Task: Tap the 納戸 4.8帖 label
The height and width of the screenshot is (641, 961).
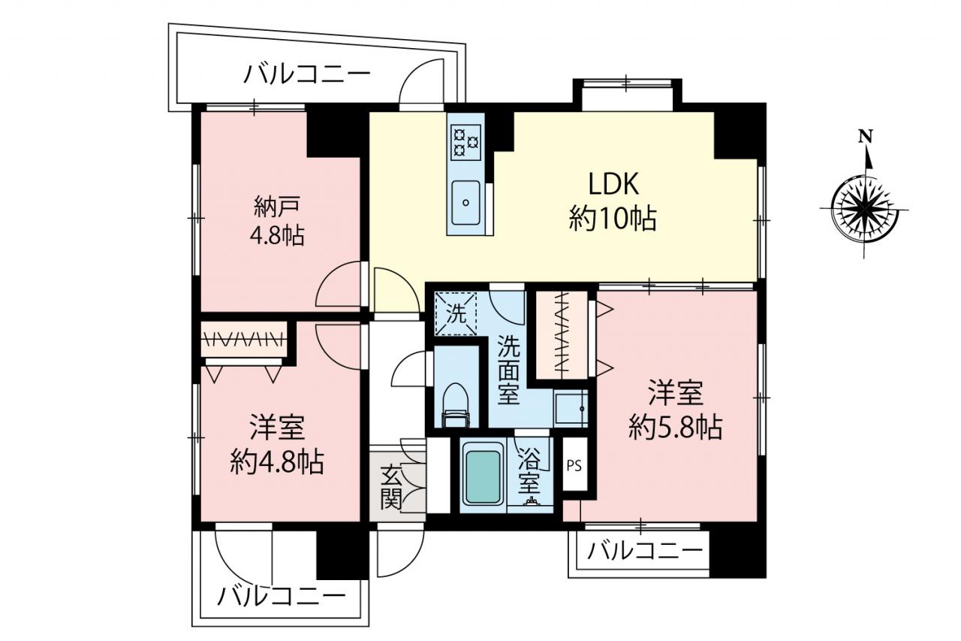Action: coord(278,221)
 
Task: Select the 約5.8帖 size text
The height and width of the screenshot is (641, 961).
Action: coord(675,427)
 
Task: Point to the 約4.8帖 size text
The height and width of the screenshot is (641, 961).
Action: coord(277,461)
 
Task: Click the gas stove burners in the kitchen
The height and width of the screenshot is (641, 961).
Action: coord(465,142)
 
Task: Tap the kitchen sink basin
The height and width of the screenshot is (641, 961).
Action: coord(466,203)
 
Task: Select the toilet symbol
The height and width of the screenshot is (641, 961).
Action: coord(456,405)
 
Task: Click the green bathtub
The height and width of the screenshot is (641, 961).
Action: coord(484,476)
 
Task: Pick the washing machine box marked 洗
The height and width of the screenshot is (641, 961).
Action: coord(456,313)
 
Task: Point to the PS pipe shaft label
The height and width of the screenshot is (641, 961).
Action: coord(574,466)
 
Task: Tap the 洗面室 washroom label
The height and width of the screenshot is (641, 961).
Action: coord(508,370)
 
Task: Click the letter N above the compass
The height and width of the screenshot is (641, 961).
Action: coord(866,137)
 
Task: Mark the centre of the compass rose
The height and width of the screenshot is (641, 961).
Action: coord(863,210)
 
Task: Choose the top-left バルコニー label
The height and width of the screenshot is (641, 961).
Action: coord(307,74)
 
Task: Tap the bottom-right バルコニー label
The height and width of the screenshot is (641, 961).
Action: coord(645,552)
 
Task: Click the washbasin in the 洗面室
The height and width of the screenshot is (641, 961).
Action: coord(570,408)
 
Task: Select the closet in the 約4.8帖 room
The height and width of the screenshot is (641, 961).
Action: coord(245,340)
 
